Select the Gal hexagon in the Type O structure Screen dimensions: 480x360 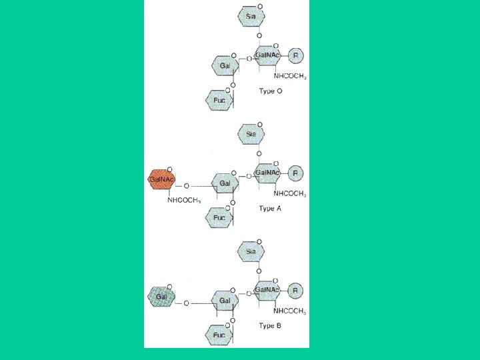[x=225, y=65]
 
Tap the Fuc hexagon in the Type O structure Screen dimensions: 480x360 [x=219, y=100]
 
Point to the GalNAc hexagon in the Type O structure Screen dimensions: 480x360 [x=268, y=57]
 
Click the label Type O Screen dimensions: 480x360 [x=270, y=91]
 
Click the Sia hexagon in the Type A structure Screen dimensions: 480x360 [x=251, y=134]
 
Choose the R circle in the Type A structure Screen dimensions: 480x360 [x=297, y=173]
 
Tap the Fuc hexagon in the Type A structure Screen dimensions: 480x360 [x=219, y=217]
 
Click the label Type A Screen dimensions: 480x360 [x=270, y=208]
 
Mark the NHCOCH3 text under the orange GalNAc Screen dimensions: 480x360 [x=184, y=200]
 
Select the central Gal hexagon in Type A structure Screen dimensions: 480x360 [x=225, y=183]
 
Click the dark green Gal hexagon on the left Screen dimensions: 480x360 [x=161, y=295]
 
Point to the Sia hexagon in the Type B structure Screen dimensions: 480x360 [x=251, y=251]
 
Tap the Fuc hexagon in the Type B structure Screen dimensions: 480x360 [x=219, y=335]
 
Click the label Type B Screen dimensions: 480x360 [x=270, y=325]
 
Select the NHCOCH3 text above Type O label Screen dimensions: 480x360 [x=290, y=77]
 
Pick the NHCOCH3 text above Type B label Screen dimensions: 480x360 [x=290, y=311]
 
